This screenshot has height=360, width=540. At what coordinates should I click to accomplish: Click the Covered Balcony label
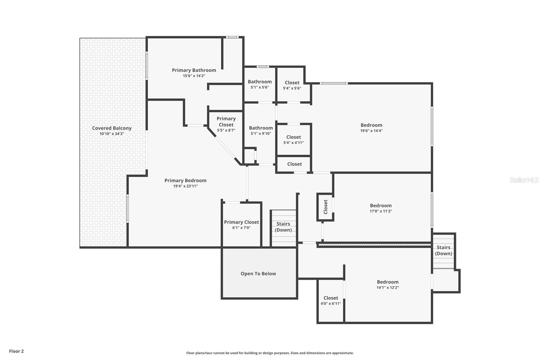(x=112, y=128)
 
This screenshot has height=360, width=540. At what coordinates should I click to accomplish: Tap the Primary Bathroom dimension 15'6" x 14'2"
(x=194, y=76)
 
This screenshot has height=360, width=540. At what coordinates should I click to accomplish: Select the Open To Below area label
(x=258, y=274)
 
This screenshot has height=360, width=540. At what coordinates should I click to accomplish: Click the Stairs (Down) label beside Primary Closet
(x=283, y=227)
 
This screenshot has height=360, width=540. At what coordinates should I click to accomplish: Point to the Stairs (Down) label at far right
(x=443, y=251)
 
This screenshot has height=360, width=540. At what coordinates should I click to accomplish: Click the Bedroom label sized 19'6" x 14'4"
(x=371, y=125)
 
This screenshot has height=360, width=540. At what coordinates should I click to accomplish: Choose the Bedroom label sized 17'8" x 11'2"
(x=381, y=206)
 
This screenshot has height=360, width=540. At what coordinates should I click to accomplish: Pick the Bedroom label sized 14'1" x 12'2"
(x=387, y=282)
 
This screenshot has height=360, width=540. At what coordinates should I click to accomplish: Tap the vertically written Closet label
(x=325, y=207)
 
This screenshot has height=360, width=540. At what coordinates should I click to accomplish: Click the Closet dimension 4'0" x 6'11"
(x=331, y=304)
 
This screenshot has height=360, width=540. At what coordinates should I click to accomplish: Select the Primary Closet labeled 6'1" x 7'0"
(x=241, y=222)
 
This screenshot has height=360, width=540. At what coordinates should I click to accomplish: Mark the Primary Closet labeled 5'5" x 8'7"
(x=226, y=122)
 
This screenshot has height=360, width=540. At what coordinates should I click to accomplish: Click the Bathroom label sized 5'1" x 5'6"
(x=260, y=82)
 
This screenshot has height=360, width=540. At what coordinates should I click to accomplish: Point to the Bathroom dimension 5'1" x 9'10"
(x=261, y=133)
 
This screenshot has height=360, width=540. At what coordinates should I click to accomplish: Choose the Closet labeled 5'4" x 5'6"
(x=292, y=83)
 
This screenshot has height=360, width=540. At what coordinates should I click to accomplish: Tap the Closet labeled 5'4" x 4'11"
(x=293, y=137)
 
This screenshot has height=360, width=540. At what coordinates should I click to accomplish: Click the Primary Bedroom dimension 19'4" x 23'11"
(x=185, y=186)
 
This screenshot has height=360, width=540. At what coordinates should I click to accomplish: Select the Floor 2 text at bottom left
(x=16, y=351)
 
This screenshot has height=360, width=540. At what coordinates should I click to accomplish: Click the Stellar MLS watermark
(x=524, y=180)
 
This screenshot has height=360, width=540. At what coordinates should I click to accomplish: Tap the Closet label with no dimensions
(x=294, y=164)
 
